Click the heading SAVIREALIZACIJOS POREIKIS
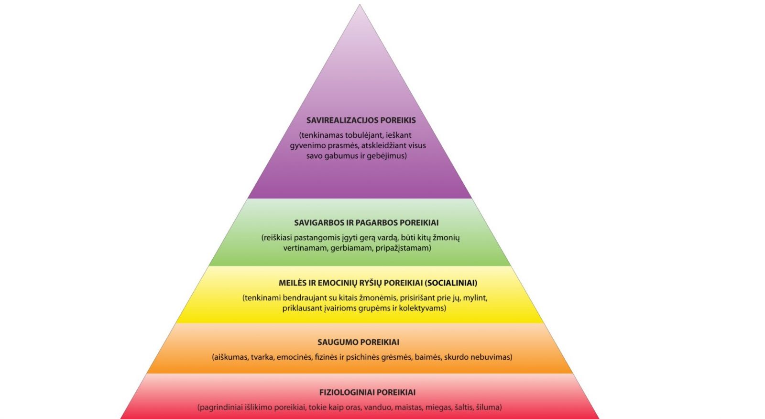tap(361, 121)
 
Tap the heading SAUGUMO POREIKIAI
tap(358, 342)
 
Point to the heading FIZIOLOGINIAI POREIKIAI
tap(367, 393)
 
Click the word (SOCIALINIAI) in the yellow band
tap(451, 283)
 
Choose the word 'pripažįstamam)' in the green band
tap(404, 248)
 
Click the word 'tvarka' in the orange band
tap(263, 357)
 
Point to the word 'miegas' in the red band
tap(437, 408)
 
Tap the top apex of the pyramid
tap(360, 5)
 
